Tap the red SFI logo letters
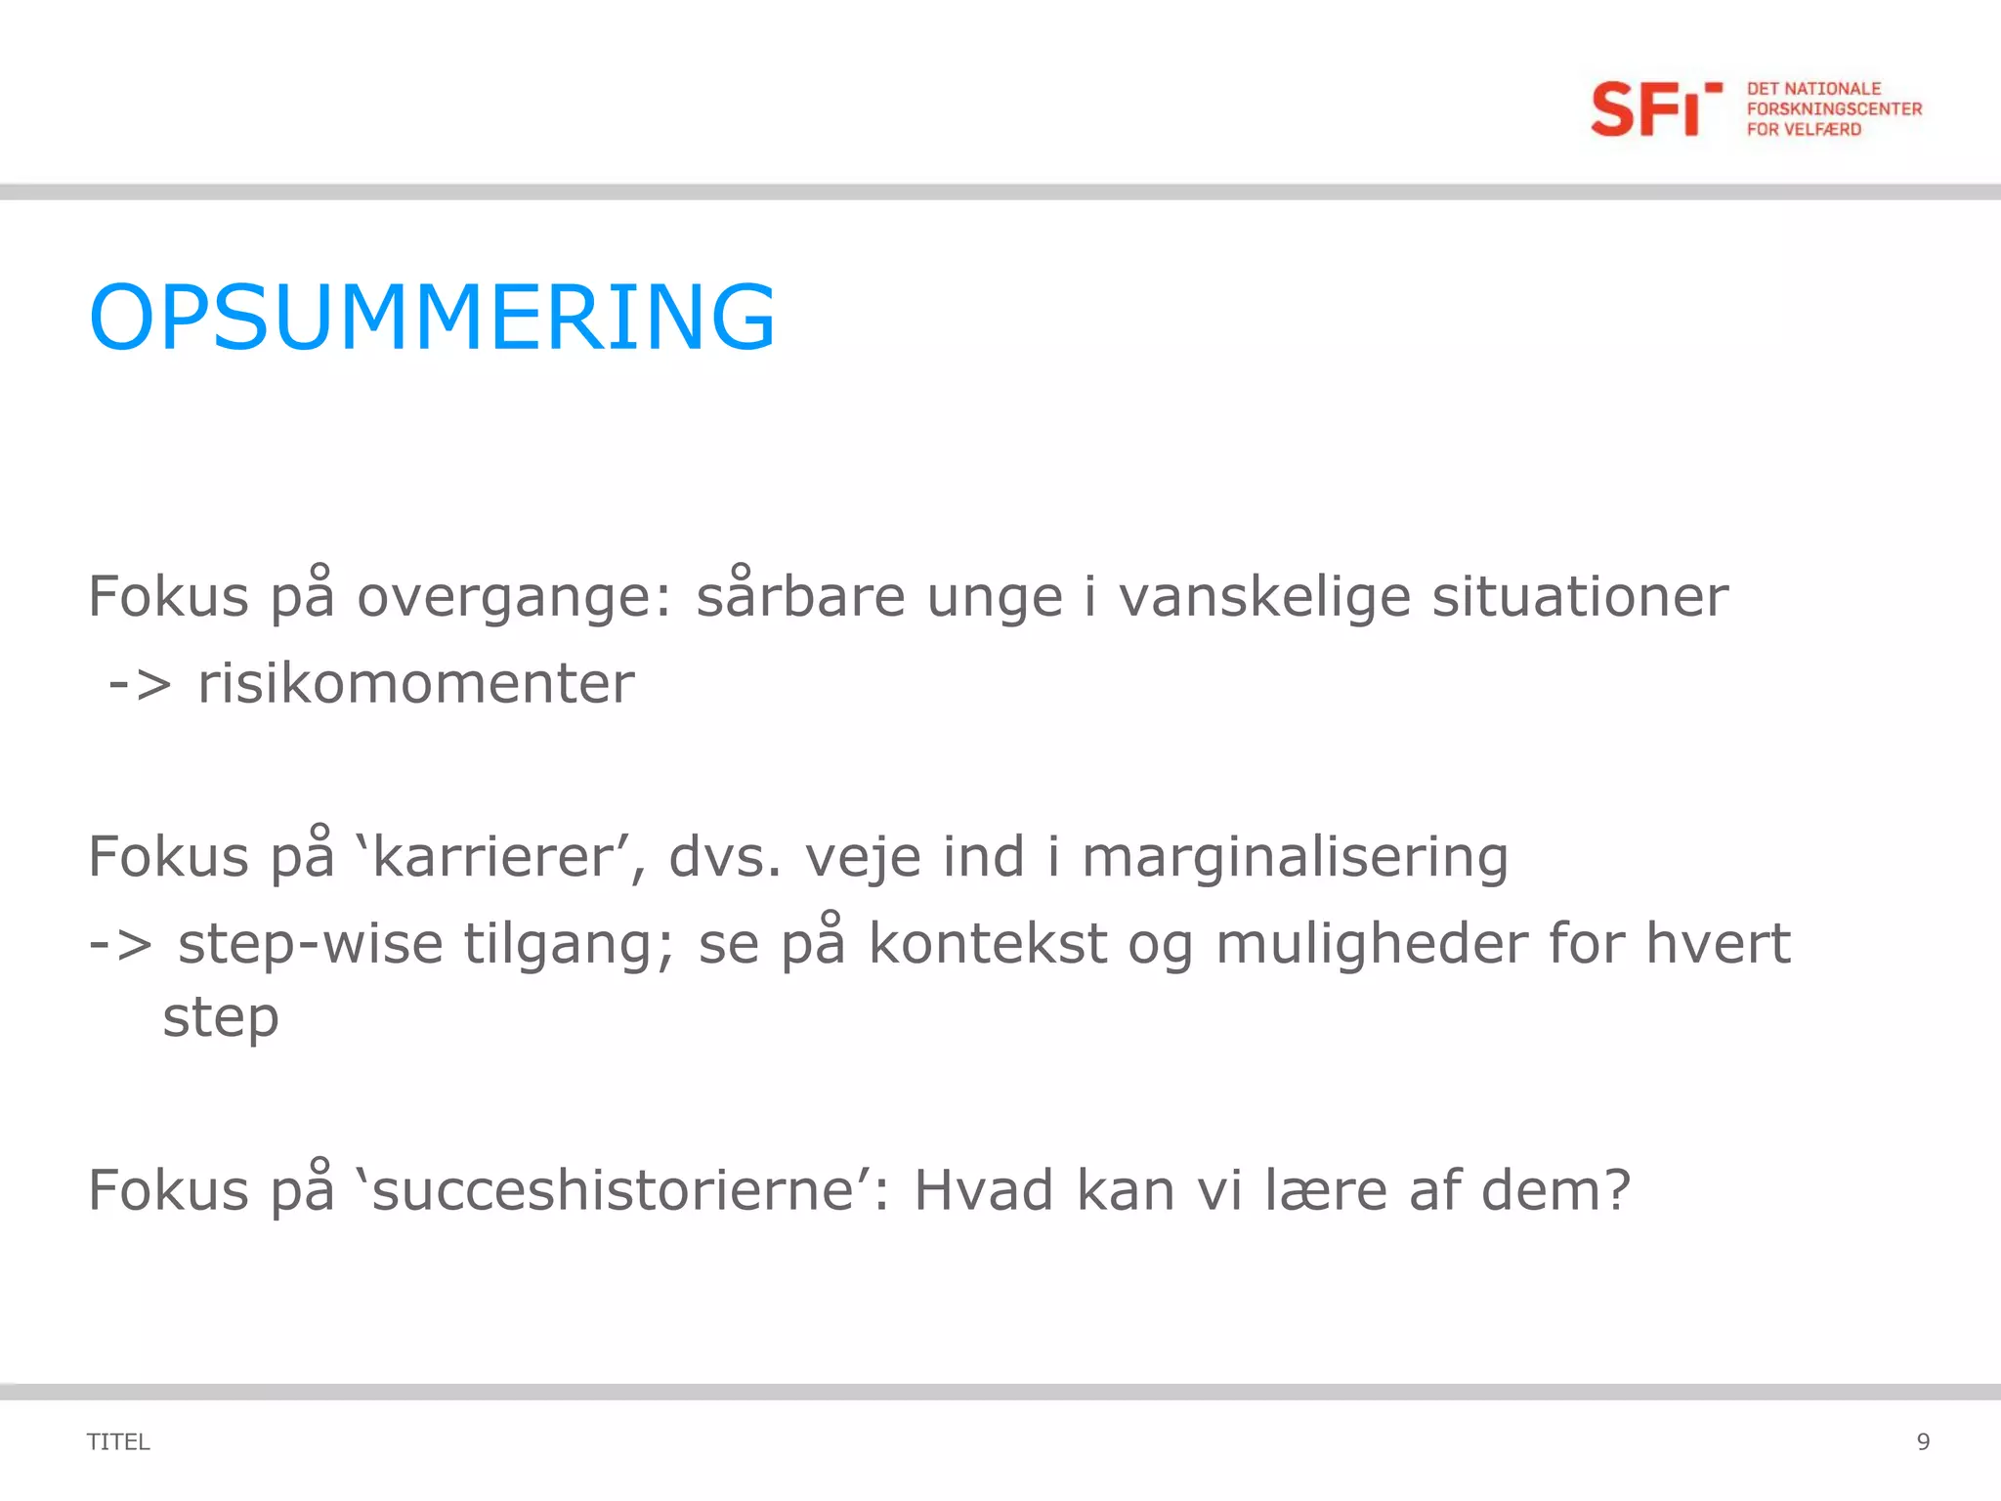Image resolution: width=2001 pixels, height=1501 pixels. click(1646, 109)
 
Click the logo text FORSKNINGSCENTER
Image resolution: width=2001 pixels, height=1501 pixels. click(1834, 108)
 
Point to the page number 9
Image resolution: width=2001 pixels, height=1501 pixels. click(1923, 1441)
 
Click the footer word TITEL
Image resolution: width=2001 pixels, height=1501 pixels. click(118, 1441)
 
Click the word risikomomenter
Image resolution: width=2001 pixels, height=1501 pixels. click(416, 683)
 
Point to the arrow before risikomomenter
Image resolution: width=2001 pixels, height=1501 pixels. click(140, 683)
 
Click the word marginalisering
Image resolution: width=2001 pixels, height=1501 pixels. click(1295, 858)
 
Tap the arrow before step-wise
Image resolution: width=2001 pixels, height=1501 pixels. click(120, 944)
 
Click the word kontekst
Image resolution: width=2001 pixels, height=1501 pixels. click(987, 944)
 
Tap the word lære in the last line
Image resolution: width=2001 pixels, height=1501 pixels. click(1326, 1191)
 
